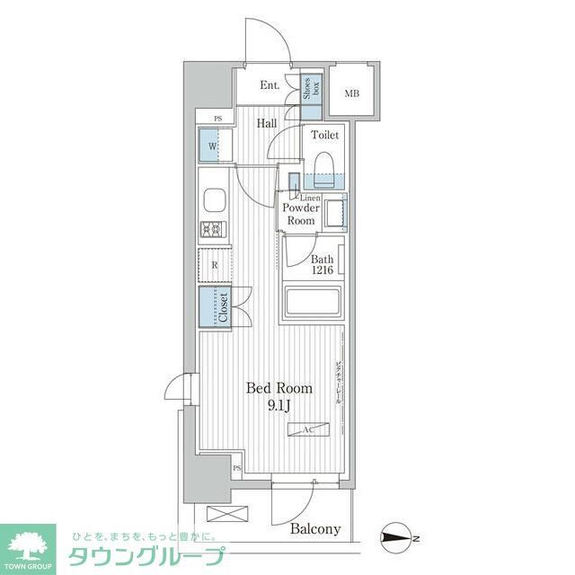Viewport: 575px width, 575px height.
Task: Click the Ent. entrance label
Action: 269,86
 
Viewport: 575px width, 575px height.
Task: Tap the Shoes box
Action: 312,91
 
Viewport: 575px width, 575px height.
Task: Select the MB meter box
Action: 353,92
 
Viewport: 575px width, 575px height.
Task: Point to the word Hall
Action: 266,124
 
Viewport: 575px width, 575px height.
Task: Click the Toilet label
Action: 324,136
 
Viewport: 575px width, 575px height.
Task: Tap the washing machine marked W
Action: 214,146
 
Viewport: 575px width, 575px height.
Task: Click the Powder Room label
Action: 300,214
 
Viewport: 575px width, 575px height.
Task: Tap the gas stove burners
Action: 214,229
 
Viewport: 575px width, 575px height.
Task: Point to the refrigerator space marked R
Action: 215,265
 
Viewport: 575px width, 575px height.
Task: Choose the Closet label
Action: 223,305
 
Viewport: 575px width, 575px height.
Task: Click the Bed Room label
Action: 279,388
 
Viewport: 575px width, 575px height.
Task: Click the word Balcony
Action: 315,529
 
